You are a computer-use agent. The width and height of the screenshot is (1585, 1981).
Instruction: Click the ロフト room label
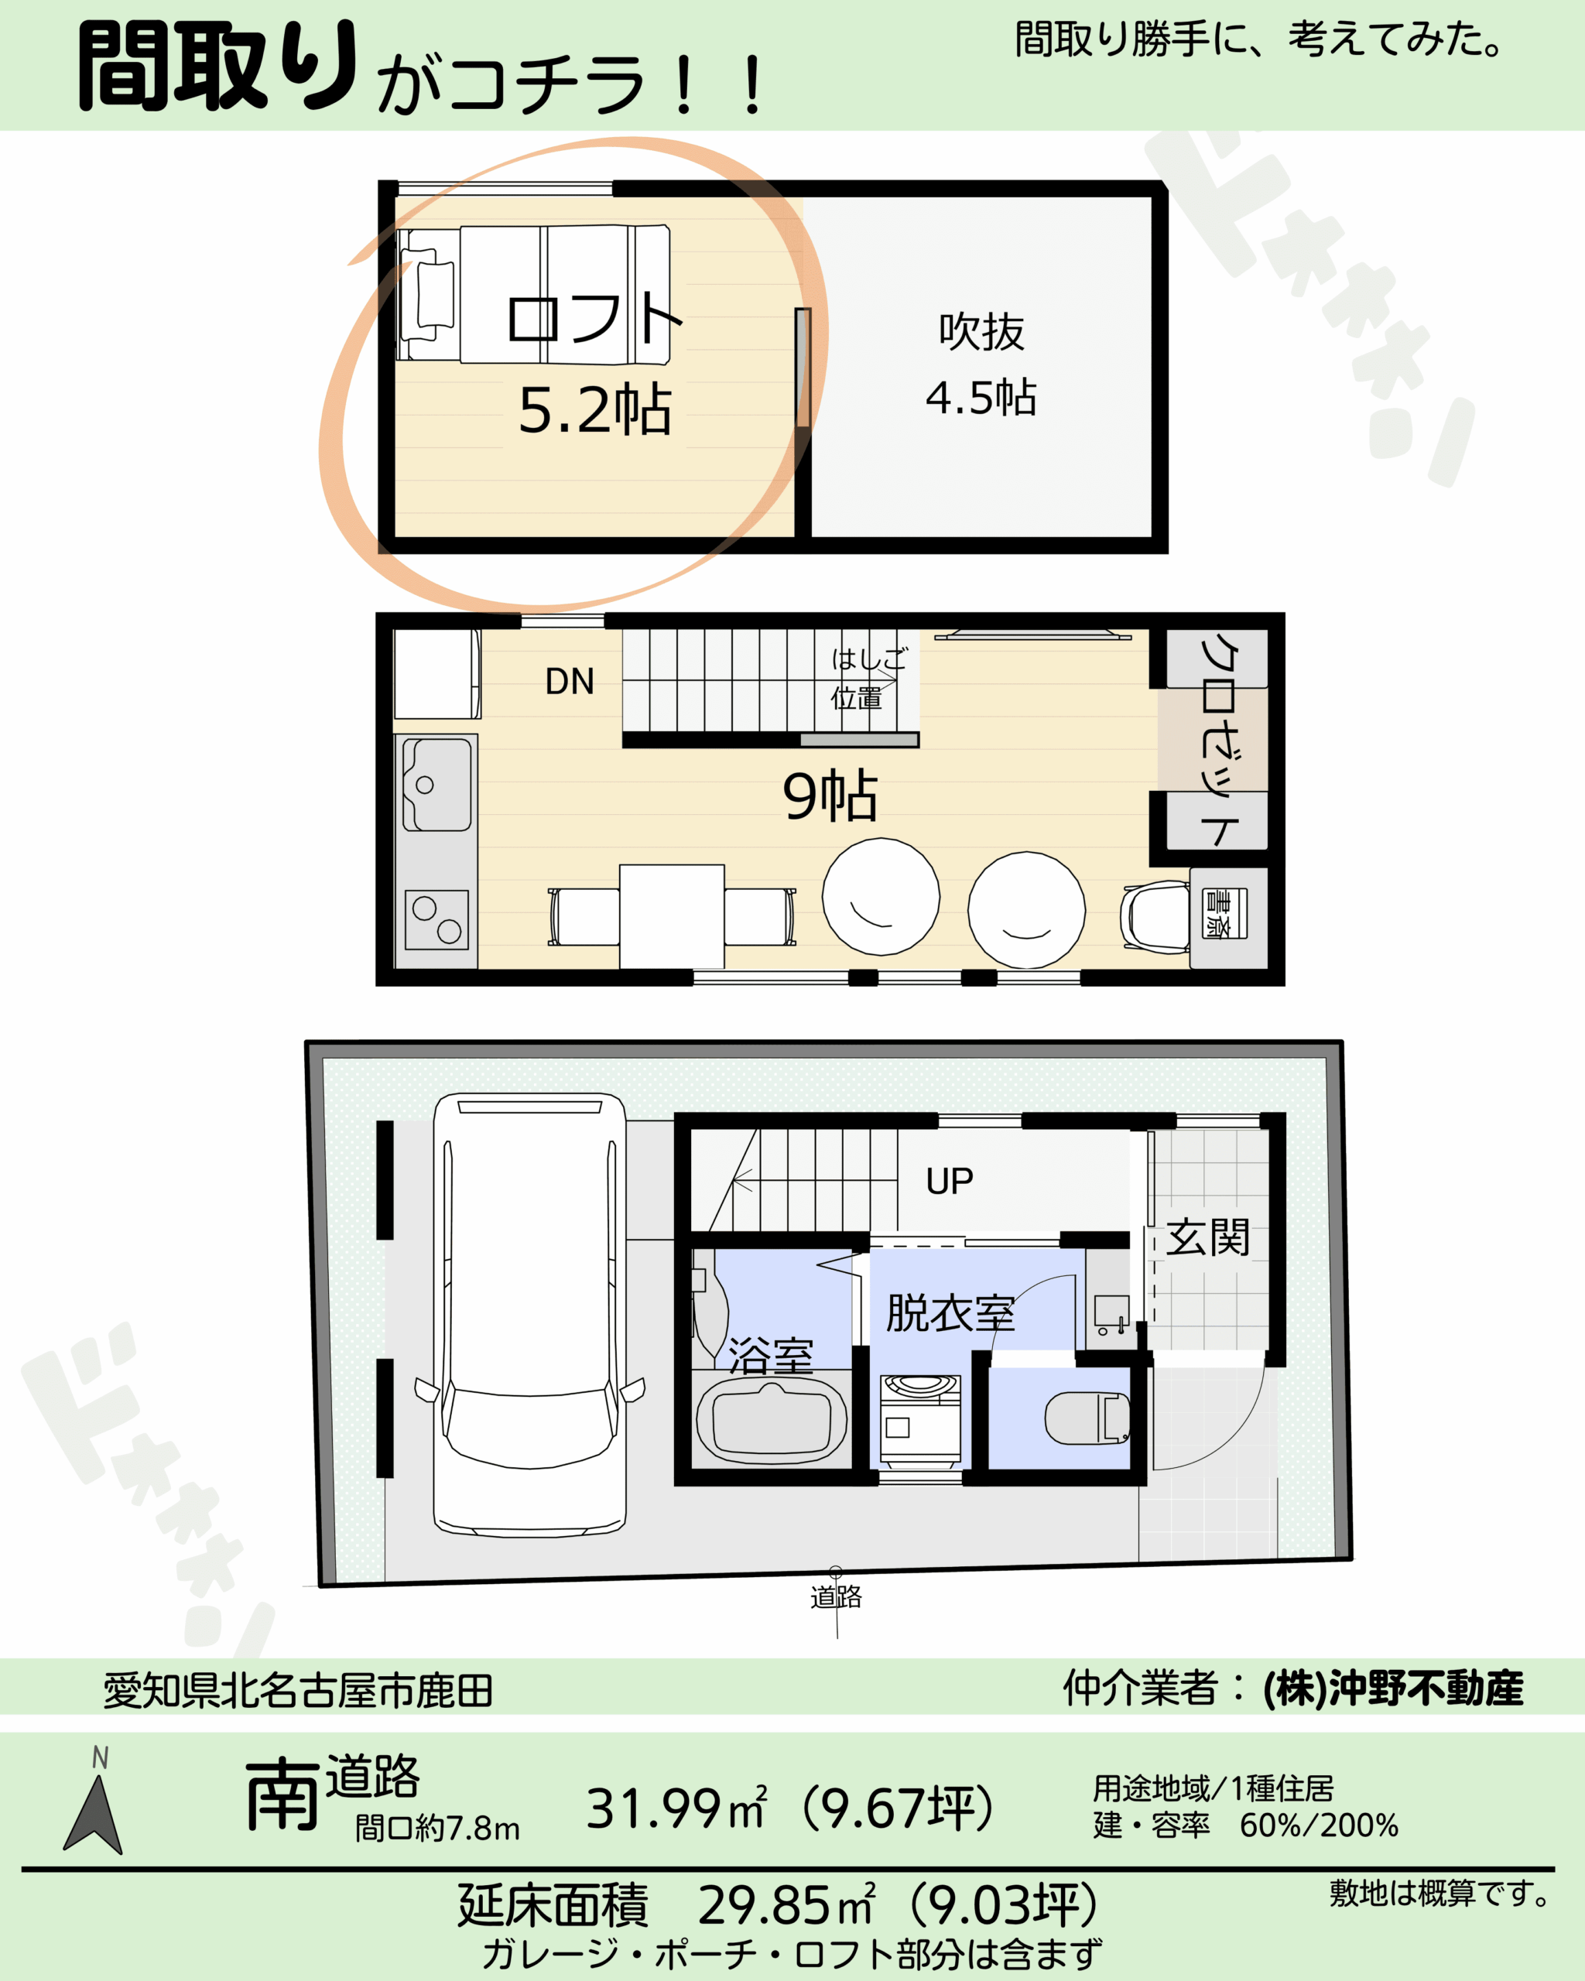[x=594, y=318]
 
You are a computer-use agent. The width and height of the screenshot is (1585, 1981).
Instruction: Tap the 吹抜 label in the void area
[x=981, y=332]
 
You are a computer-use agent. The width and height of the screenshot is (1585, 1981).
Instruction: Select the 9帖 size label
[x=830, y=795]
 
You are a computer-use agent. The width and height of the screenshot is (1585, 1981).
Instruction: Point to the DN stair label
[x=570, y=681]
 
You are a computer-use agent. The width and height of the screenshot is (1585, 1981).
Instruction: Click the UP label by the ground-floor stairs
[x=949, y=1182]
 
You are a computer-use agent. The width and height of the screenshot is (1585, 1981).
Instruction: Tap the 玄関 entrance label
[x=1207, y=1237]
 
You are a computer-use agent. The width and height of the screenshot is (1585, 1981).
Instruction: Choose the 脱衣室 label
[x=950, y=1313]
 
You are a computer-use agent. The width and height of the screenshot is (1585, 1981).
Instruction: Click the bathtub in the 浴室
[x=772, y=1422]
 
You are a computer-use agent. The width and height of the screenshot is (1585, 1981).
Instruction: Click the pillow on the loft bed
[x=436, y=294]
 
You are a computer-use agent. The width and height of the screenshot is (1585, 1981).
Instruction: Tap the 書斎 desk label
[x=1225, y=913]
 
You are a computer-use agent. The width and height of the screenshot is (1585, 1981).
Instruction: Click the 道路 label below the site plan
[x=836, y=1597]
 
